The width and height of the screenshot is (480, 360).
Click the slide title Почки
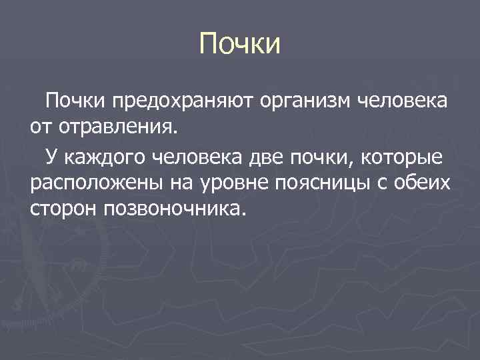click(x=241, y=45)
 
